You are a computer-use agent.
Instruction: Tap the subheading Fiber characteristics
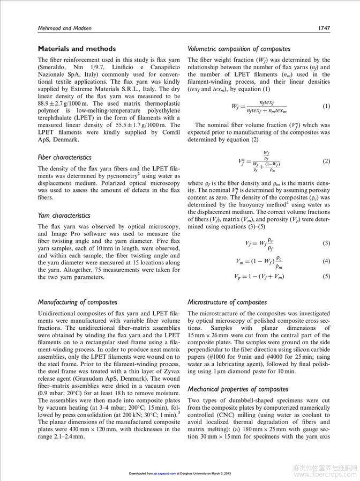pyautogui.click(x=64, y=157)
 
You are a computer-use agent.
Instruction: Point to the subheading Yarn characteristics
pyautogui.click(x=64, y=215)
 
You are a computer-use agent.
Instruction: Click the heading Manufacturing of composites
pyautogui.click(x=78, y=302)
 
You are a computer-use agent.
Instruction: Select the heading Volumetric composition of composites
pyautogui.click(x=239, y=49)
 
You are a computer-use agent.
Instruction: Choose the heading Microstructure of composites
pyautogui.click(x=227, y=302)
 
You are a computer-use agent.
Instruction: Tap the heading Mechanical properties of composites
pyautogui.click(x=238, y=389)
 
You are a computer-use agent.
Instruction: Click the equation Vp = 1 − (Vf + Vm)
pyautogui.click(x=259, y=277)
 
